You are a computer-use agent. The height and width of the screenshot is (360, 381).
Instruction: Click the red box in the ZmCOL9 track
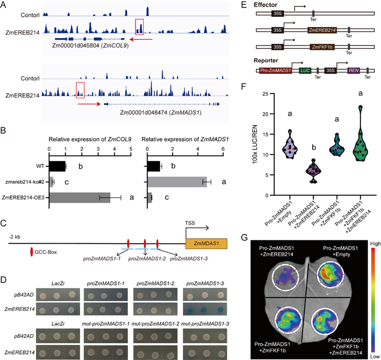coord(136,27)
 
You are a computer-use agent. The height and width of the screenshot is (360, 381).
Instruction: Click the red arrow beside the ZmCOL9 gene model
coord(141,39)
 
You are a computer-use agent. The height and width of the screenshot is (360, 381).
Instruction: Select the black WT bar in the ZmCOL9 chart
coord(57,166)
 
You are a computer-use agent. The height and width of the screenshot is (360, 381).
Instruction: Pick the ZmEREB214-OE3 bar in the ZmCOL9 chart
coord(79,197)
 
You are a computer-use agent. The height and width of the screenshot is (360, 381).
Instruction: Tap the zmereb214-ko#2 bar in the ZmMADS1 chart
coord(177,182)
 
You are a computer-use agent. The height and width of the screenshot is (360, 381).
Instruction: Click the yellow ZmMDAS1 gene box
coord(206,244)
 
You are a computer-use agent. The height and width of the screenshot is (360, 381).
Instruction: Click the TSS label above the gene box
coord(190,223)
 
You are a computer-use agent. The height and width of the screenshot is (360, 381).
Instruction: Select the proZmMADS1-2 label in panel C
coord(147,259)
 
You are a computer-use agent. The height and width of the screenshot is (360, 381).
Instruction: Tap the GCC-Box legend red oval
coord(32,252)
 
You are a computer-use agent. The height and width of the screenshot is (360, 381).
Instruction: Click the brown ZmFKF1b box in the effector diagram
coord(322,47)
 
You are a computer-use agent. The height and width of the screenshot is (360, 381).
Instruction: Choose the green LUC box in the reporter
coord(305,71)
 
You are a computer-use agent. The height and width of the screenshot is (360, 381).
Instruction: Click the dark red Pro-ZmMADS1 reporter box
coord(275,71)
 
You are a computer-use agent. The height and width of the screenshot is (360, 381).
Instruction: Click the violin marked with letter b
coord(314,171)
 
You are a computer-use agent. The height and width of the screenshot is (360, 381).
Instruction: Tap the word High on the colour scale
coord(375,244)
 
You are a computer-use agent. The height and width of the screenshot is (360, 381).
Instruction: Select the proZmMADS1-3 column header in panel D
coord(205,283)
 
